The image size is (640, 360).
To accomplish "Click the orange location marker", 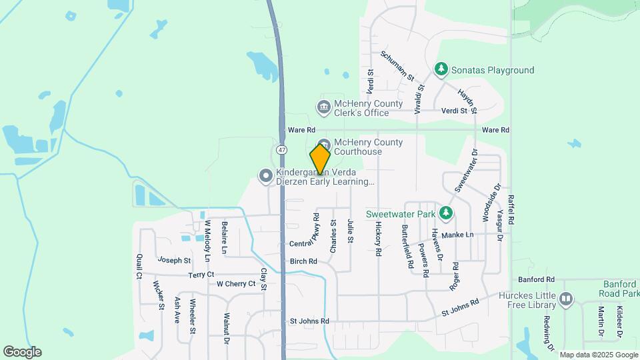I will pyautogui.click(x=320, y=160).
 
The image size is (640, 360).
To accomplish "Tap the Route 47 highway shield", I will pyautogui.click(x=282, y=150).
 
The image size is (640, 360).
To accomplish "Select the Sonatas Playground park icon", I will pyautogui.click(x=440, y=69).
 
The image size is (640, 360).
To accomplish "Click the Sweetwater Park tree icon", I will pyautogui.click(x=445, y=214).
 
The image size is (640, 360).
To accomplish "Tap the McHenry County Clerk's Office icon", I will pyautogui.click(x=323, y=107).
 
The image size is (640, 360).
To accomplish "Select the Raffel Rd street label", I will pyautogui.click(x=511, y=208).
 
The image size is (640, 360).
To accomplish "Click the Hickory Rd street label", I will pyautogui.click(x=378, y=240).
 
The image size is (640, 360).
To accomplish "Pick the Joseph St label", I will pyautogui.click(x=174, y=261).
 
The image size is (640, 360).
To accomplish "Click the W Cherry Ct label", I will pyautogui.click(x=236, y=283).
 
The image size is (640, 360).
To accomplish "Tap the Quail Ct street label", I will pyautogui.click(x=139, y=265).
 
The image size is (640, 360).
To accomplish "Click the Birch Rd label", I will pyautogui.click(x=303, y=262).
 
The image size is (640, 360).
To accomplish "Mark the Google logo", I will pyautogui.click(x=22, y=352).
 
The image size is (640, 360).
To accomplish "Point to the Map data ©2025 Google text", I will pyautogui.click(x=599, y=355).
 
